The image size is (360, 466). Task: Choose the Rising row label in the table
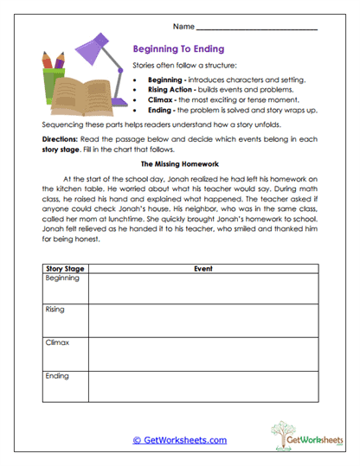point(55,310)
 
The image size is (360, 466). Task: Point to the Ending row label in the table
point(57,376)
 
